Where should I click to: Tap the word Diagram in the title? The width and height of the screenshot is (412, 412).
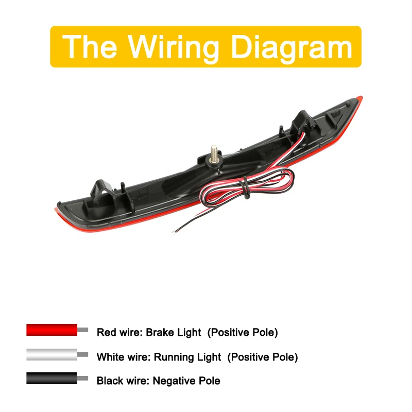pyautogui.click(x=291, y=47)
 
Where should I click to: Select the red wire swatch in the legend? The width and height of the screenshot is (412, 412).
pyautogui.click(x=52, y=330)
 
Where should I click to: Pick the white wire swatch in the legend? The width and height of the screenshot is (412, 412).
pyautogui.click(x=52, y=354)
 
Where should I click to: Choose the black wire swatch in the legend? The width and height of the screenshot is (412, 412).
pyautogui.click(x=52, y=379)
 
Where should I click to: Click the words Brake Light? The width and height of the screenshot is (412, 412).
pyautogui.click(x=173, y=332)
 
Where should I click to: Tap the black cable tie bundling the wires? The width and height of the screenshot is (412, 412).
pyautogui.click(x=244, y=188)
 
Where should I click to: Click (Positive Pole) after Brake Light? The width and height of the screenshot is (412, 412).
pyautogui.click(x=243, y=332)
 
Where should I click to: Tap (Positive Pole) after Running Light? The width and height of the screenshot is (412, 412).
pyautogui.click(x=262, y=357)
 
